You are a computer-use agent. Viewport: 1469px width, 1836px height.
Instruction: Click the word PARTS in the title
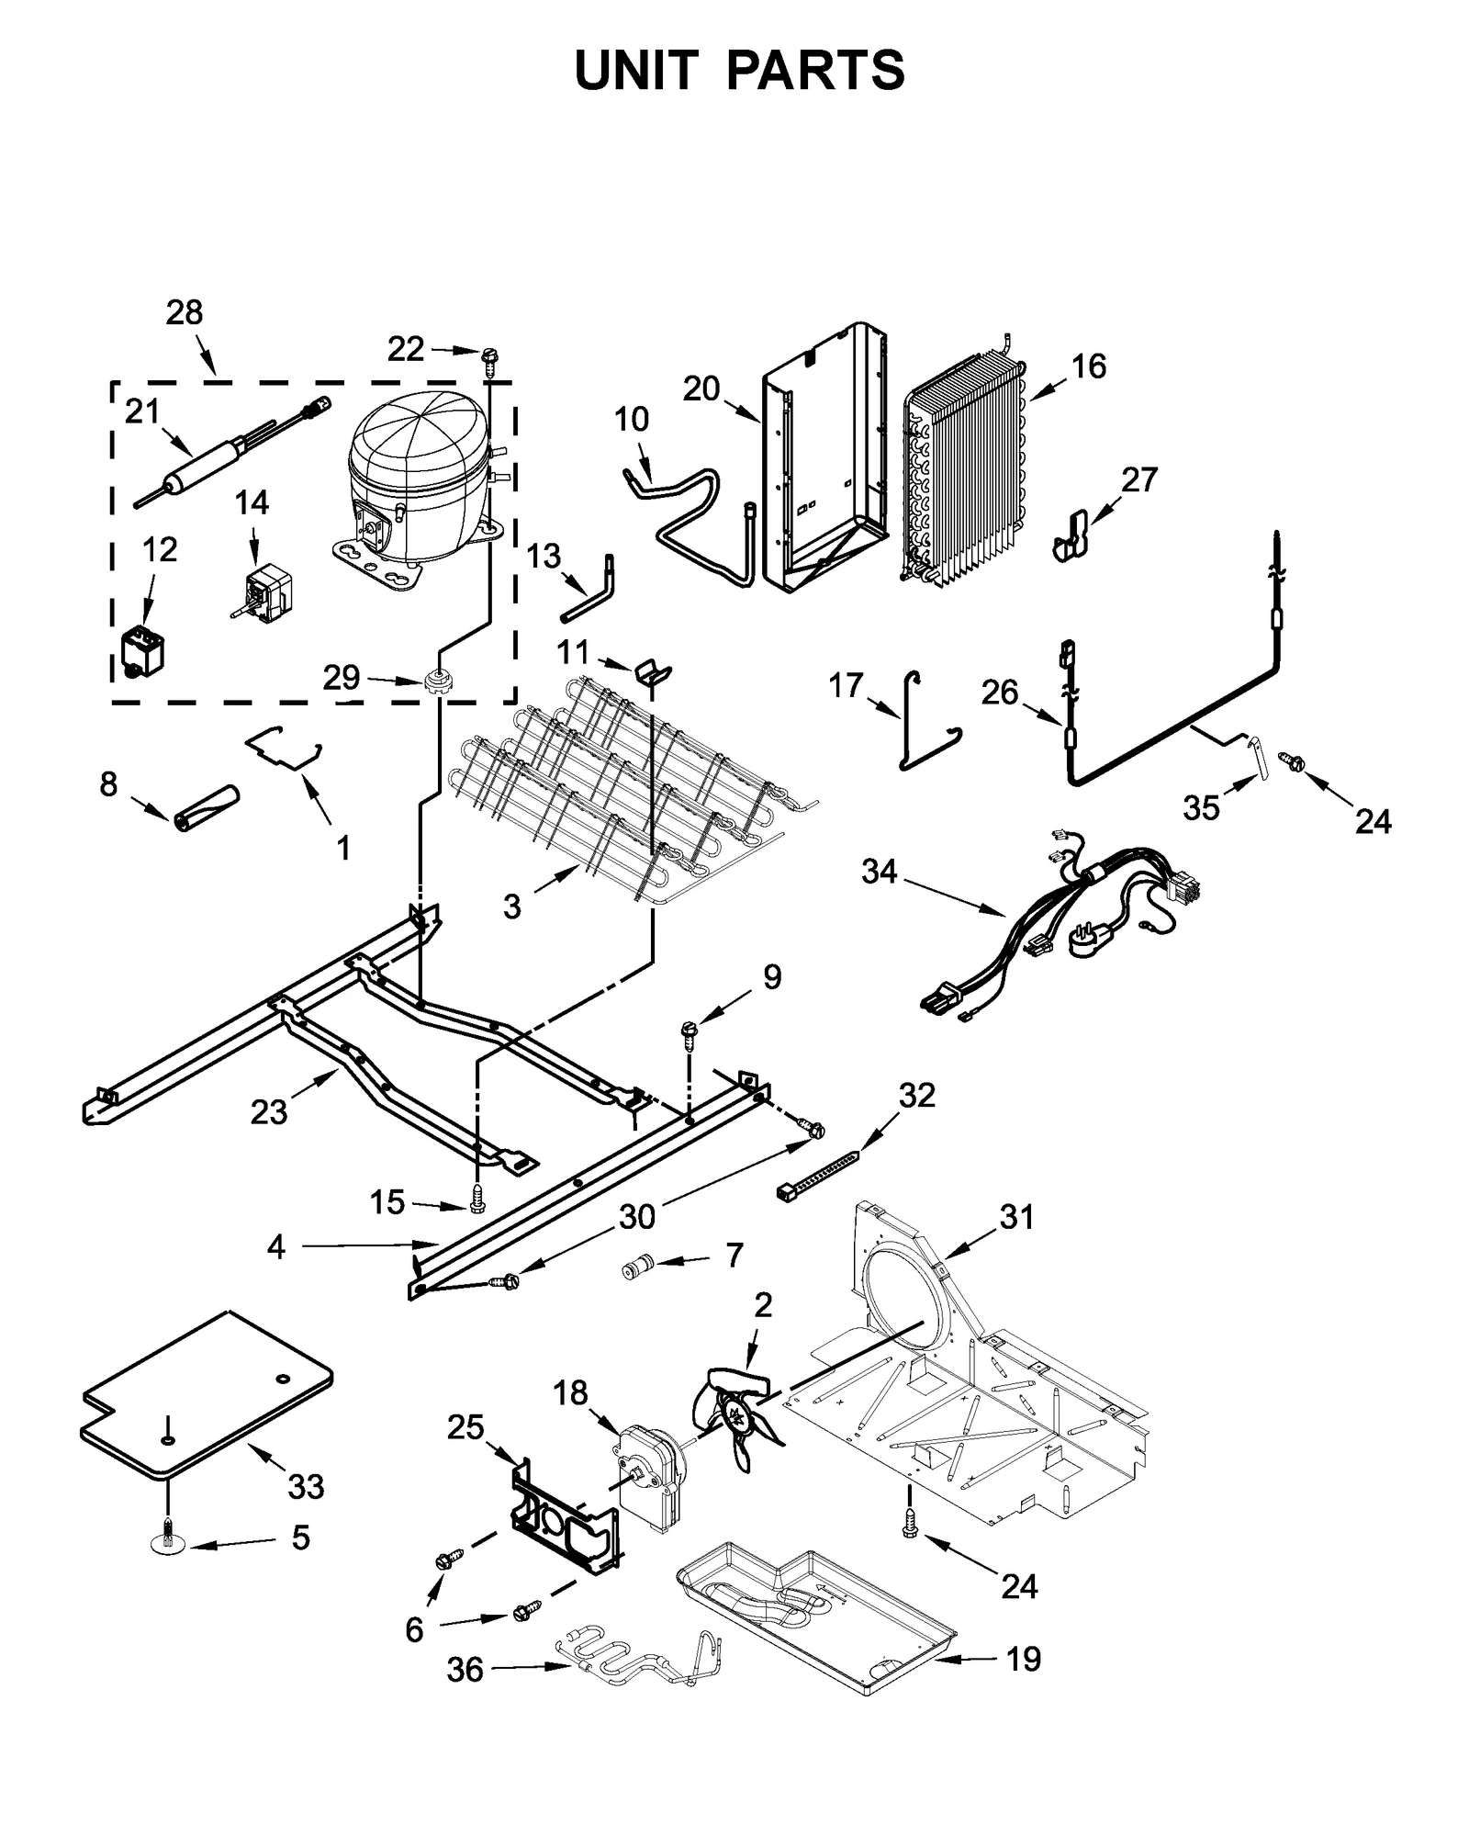pyautogui.click(x=814, y=71)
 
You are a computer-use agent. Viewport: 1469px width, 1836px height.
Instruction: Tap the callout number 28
pyautogui.click(x=184, y=313)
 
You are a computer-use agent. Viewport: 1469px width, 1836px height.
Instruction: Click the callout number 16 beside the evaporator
pyautogui.click(x=1089, y=366)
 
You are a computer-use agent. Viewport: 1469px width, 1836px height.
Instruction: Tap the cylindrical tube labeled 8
pyautogui.click(x=205, y=807)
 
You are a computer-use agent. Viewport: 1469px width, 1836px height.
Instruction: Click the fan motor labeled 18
pyautogui.click(x=649, y=1485)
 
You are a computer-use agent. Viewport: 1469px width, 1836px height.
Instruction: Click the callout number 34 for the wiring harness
pyautogui.click(x=879, y=871)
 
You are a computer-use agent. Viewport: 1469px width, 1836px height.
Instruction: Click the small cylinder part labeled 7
pyautogui.click(x=636, y=1268)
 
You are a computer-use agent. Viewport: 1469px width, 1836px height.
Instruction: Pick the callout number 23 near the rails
pyautogui.click(x=268, y=1112)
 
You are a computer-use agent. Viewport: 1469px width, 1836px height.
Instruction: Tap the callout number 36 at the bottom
pyautogui.click(x=465, y=1669)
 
